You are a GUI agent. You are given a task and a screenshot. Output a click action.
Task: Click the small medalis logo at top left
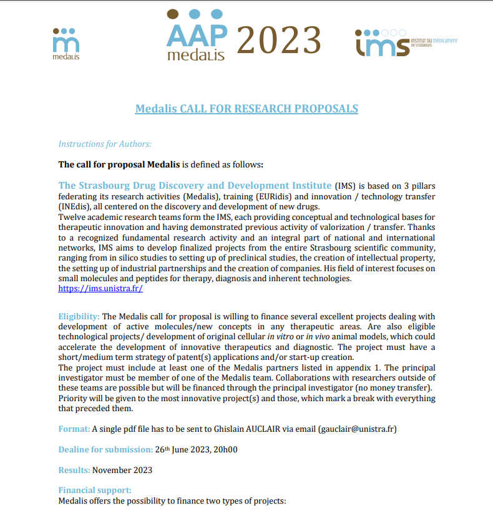(67, 43)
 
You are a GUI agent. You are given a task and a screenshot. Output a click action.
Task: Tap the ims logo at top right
(406, 42)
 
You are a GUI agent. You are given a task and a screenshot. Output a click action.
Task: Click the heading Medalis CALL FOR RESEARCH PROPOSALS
(246, 109)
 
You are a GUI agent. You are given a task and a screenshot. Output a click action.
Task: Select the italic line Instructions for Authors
(105, 144)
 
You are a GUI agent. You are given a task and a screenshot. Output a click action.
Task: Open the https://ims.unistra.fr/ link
(100, 288)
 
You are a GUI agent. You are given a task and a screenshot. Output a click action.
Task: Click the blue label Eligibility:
(79, 317)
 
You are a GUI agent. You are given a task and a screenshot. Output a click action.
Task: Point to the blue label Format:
(74, 429)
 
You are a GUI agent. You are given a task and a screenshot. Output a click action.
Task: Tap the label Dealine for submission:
(105, 449)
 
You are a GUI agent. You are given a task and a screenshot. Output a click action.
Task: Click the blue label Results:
(74, 470)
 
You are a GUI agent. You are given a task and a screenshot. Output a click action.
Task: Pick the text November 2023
(122, 470)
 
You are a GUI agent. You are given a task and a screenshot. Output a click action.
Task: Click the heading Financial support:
(95, 491)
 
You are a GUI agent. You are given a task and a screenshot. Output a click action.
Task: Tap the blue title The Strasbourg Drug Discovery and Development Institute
(195, 186)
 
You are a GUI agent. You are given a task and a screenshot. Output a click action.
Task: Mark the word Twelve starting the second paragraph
(72, 217)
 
